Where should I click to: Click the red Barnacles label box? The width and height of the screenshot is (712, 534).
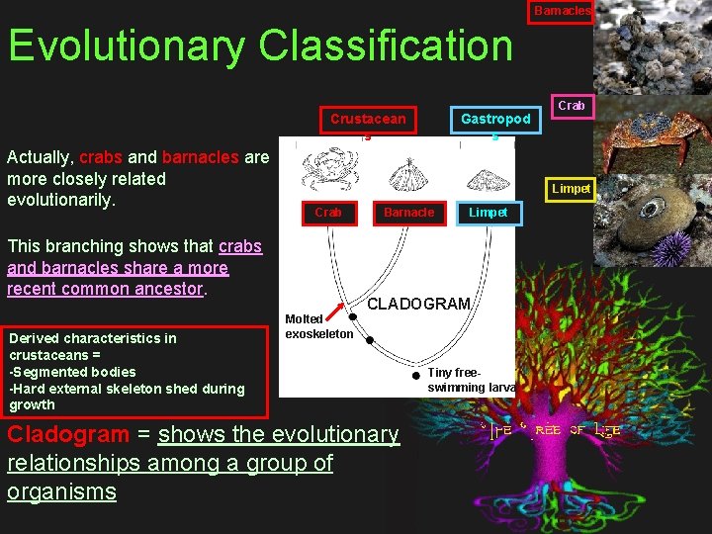[x=561, y=11]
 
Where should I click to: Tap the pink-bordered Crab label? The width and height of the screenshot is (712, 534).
[x=572, y=105]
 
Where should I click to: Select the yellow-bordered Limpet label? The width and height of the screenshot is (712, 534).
[x=571, y=189]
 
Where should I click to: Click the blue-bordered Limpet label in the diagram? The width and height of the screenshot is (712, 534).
[x=488, y=213]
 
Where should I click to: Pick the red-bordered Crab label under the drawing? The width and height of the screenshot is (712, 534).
[x=328, y=213]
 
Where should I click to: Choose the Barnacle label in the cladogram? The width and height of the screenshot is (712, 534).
[x=408, y=213]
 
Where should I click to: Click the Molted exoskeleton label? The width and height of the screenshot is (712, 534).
[x=318, y=326]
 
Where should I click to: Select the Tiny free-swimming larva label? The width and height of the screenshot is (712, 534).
[x=471, y=381]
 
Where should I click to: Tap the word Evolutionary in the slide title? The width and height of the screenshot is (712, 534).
[x=127, y=45]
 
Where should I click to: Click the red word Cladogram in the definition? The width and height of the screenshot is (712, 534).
[x=68, y=434]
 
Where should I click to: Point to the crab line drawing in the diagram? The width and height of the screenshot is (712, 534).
[x=326, y=168]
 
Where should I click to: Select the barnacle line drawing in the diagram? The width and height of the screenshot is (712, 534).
[x=407, y=175]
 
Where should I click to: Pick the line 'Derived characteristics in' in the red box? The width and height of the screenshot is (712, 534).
[x=93, y=338]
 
